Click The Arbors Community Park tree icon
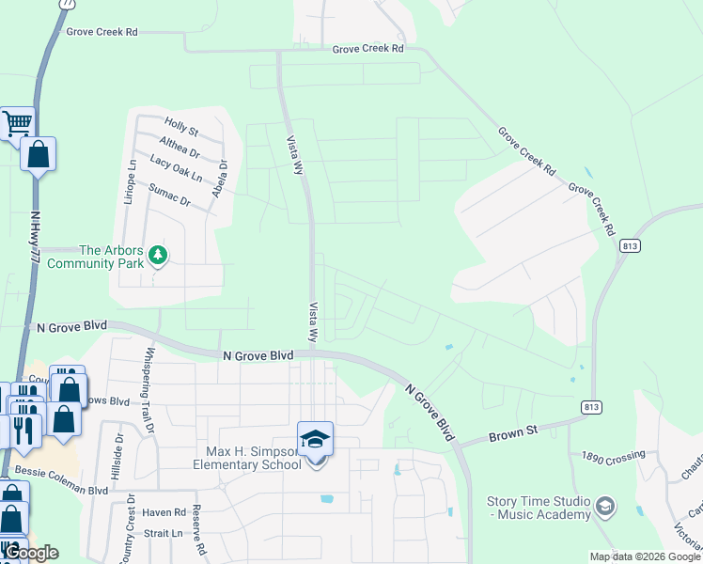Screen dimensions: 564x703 (158, 255)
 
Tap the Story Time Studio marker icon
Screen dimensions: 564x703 (605, 508)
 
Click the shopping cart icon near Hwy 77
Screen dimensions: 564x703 (17, 122)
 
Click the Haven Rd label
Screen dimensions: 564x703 (165, 512)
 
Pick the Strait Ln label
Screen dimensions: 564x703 (164, 532)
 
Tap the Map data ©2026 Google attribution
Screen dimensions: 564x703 (645, 556)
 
